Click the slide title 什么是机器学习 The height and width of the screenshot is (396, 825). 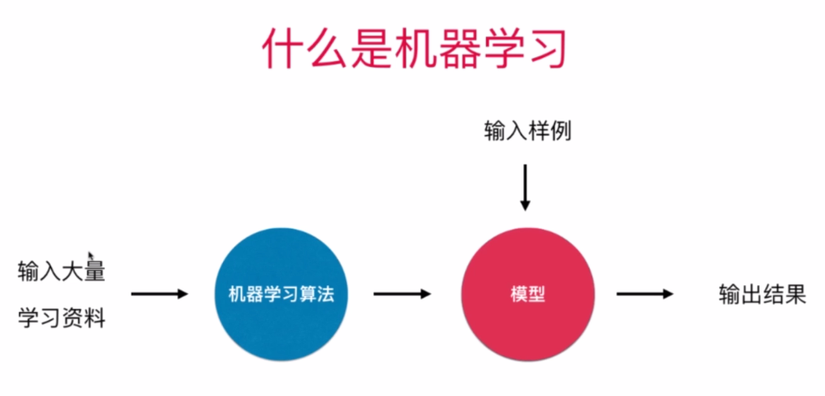tap(414, 49)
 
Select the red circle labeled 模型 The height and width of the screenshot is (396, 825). tap(528, 293)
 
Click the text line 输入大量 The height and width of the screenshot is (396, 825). tap(62, 271)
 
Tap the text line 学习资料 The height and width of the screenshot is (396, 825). tap(62, 316)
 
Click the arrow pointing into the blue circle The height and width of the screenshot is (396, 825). tap(159, 293)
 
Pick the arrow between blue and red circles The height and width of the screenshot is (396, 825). tap(402, 293)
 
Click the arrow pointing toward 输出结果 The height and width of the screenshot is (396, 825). tap(643, 293)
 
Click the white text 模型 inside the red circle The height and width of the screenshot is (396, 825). tap(528, 293)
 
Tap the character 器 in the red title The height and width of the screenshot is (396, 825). tap(458, 49)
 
